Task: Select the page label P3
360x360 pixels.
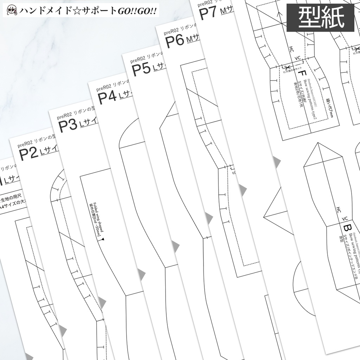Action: click(68, 126)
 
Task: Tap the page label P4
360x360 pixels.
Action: click(107, 97)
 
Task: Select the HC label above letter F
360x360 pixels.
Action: click(291, 49)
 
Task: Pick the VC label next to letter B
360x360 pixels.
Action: click(345, 217)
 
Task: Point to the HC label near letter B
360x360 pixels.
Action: click(338, 210)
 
